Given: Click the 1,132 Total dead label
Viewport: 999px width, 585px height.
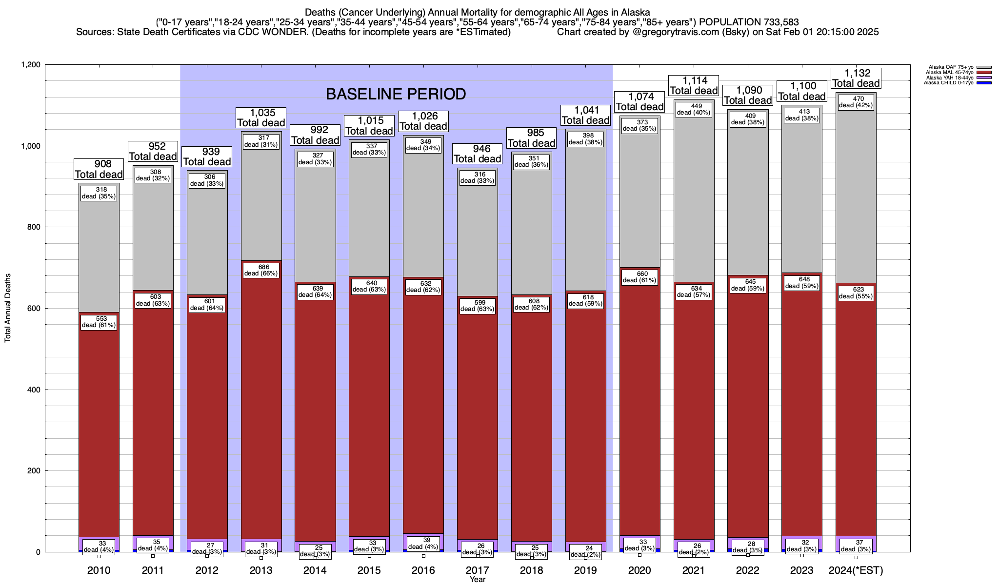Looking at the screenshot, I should (856, 78).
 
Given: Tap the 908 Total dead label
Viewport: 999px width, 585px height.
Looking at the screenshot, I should (99, 169).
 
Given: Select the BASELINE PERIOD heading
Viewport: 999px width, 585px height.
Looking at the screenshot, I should (396, 94).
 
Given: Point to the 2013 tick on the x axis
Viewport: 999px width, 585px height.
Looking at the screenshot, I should (261, 570).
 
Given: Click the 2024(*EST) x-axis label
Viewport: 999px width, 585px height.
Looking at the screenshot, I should (856, 570).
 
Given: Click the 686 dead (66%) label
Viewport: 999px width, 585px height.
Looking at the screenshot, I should (261, 271).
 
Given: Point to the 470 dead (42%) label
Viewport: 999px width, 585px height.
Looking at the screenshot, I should (856, 102).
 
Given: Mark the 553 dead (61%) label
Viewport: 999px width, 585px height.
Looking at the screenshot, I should (99, 322).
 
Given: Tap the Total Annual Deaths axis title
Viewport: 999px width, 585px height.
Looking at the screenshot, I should (8, 308).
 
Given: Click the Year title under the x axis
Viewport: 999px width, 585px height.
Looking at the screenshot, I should (478, 580).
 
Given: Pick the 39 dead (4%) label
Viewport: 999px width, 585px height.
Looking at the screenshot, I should (423, 544).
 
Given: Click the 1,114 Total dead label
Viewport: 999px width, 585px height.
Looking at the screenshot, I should (694, 86).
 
